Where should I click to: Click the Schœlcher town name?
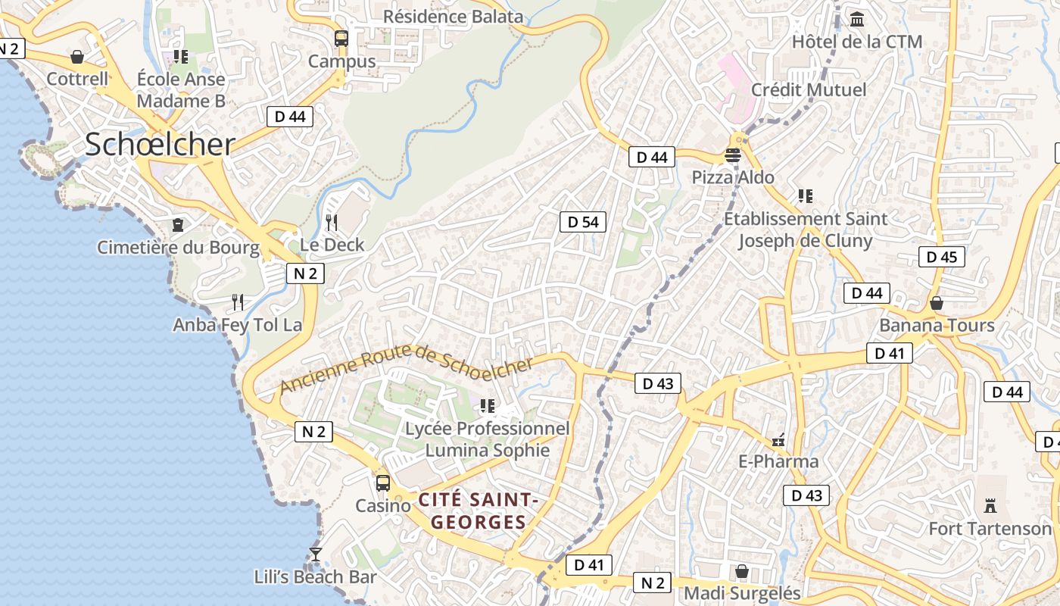click(159, 145)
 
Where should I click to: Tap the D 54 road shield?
click(583, 222)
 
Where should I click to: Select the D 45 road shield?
click(942, 257)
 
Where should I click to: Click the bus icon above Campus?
click(341, 38)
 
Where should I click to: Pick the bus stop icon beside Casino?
click(383, 483)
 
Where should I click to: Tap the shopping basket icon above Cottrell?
click(77, 57)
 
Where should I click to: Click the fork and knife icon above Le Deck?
click(331, 222)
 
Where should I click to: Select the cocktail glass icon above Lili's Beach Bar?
click(316, 554)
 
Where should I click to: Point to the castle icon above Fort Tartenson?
click(990, 505)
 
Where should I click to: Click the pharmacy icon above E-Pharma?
click(778, 439)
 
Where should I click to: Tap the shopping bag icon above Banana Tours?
click(937, 303)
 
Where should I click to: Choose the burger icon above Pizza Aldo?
click(732, 155)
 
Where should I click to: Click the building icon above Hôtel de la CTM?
click(857, 19)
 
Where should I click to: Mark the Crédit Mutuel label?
click(809, 90)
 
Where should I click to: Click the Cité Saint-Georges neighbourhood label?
click(479, 511)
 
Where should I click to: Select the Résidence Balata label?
click(453, 16)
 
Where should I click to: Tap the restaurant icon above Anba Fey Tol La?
click(238, 302)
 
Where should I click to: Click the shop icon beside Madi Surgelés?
click(742, 571)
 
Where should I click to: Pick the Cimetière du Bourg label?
click(178, 248)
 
